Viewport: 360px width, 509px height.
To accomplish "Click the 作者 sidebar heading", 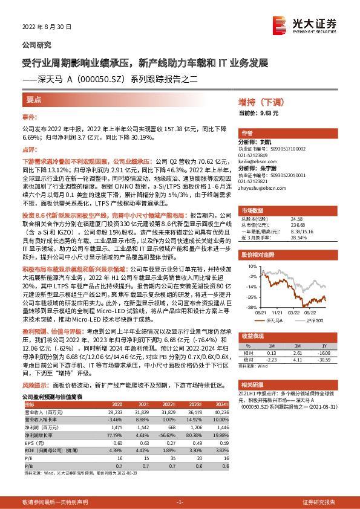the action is point(247,133).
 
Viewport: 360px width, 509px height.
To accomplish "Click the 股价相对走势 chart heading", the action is point(256,256).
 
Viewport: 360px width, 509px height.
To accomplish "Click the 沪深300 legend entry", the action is point(314,319).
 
